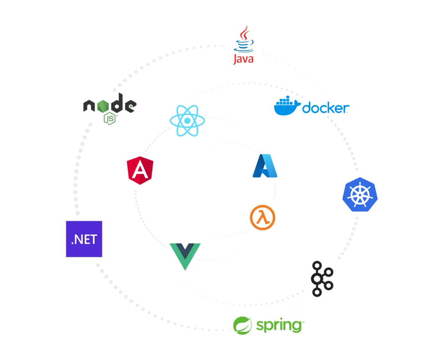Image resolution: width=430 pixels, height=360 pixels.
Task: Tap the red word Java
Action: pos(244,59)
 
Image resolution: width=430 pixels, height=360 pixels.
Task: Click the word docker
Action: pos(326,108)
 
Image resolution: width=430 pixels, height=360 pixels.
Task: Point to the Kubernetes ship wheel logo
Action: pos(360,195)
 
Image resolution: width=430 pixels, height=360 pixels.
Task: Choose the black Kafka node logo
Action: pos(322,279)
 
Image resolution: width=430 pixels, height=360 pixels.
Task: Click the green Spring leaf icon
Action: pos(242,326)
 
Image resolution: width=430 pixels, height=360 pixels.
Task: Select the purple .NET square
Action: pos(84,239)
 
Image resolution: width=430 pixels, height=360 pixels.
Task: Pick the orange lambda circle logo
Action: pos(262,217)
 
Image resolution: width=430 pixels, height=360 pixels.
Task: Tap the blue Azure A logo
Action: pos(265,166)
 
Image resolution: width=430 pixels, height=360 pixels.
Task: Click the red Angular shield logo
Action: pos(140,170)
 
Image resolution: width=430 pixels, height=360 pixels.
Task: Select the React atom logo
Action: pos(187,120)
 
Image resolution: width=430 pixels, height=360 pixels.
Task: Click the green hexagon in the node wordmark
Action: pos(103,106)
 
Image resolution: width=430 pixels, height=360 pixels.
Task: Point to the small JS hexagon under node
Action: pos(110,118)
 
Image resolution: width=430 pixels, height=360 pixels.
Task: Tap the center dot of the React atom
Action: pos(187,120)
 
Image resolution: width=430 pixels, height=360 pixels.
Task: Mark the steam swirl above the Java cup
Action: pos(244,33)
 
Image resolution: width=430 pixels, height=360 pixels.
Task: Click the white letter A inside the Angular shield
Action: pos(140,170)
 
